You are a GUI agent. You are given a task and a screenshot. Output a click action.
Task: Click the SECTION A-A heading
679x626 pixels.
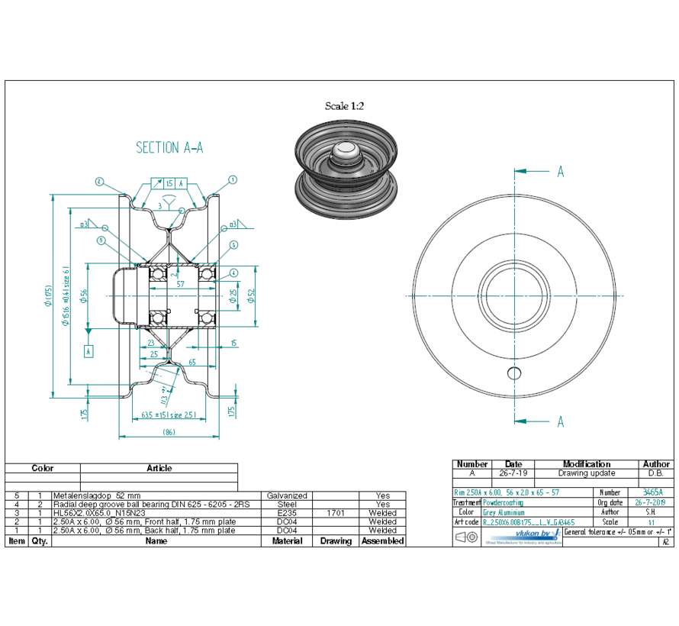[x=169, y=147]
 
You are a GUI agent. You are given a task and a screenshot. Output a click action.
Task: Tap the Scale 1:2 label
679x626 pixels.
[x=344, y=106]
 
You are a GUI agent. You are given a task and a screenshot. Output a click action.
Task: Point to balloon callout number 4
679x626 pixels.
[x=233, y=273]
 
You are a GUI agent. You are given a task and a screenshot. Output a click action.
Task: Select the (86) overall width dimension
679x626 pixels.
[x=169, y=432]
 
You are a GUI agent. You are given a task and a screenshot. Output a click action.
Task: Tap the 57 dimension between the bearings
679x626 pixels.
[x=180, y=283]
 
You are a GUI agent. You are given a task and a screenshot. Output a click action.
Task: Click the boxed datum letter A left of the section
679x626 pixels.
[x=88, y=351]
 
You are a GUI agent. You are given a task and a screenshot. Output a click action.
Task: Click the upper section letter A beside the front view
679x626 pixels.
[x=560, y=172]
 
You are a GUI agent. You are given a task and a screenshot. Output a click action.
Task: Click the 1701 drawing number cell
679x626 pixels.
[x=335, y=513]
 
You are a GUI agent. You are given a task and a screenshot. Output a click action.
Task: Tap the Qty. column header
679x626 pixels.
[x=39, y=541]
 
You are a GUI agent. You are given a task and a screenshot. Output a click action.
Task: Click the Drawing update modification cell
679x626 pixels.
[x=586, y=473]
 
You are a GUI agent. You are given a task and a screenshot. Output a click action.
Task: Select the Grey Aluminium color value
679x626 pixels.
[x=504, y=512]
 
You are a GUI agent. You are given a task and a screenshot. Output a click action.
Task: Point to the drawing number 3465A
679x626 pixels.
[x=653, y=492]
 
